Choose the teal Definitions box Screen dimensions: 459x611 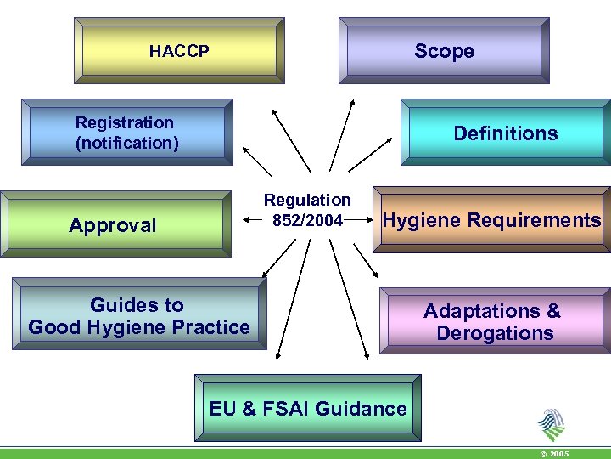506,133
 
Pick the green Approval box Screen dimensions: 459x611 114,224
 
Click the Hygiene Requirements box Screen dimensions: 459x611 492,221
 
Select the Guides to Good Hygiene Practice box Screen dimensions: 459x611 139,315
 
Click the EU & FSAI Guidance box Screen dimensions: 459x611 308,409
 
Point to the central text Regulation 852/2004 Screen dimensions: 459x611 307,210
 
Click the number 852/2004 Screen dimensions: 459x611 307,221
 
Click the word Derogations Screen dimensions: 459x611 495,332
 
